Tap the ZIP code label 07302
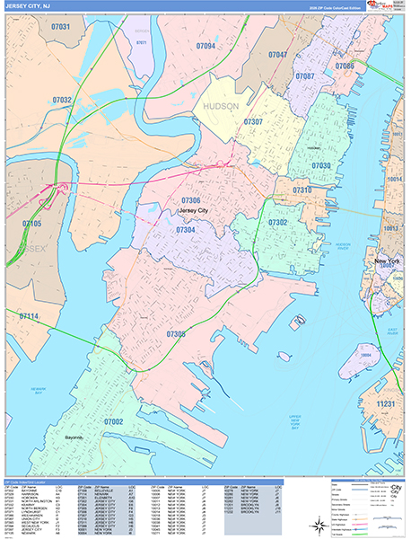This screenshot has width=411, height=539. (278, 222)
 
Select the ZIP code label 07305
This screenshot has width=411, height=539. (176, 335)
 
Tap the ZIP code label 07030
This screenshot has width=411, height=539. (320, 165)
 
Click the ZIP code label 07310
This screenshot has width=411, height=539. (302, 190)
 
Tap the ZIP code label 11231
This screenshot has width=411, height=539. (385, 404)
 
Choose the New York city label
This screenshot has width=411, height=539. (387, 261)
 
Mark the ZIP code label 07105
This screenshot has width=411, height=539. (31, 223)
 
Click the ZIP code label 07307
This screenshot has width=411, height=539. (253, 121)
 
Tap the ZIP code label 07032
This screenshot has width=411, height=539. (62, 100)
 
